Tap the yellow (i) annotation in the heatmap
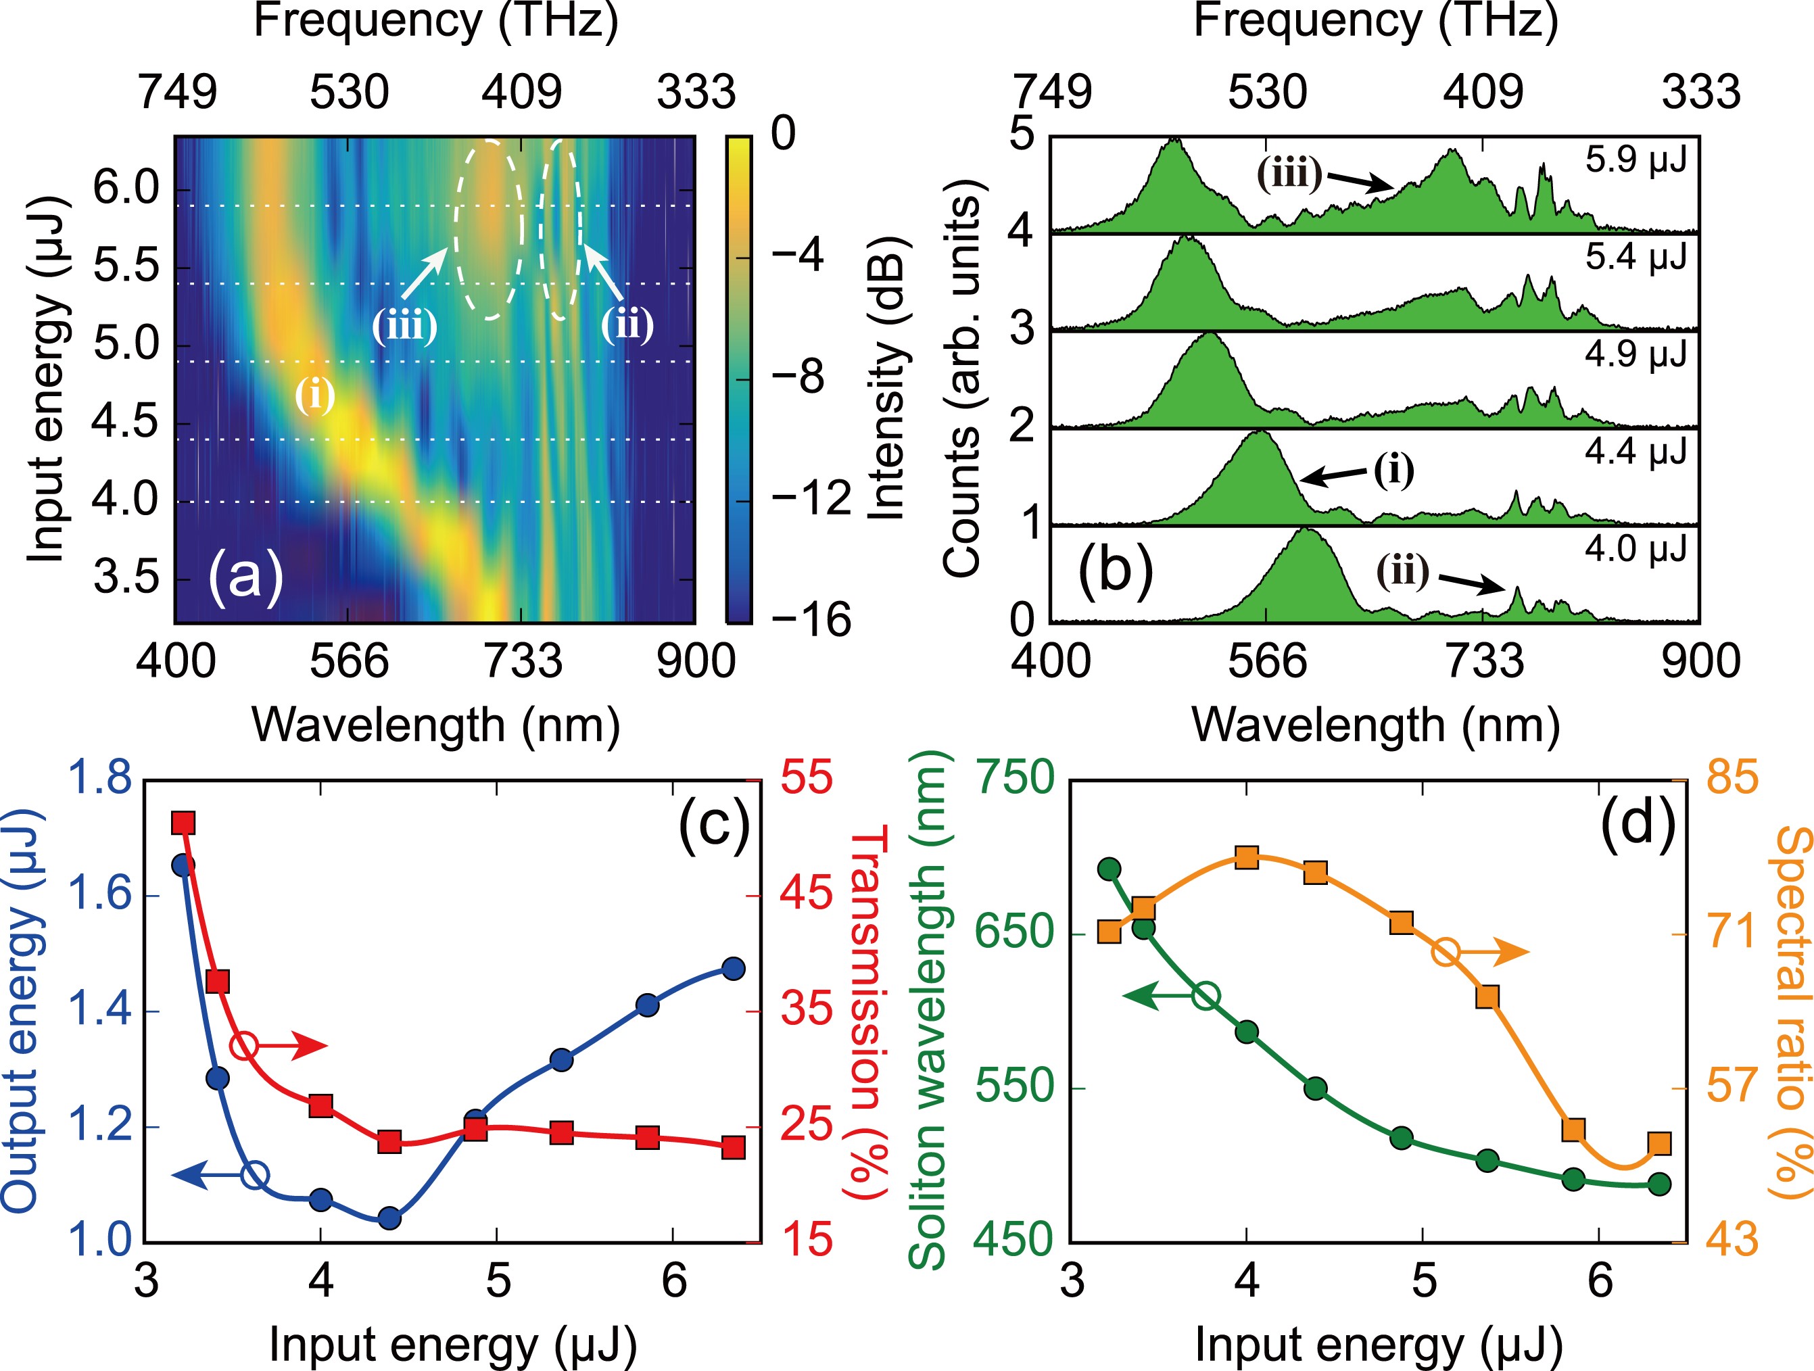click(x=315, y=396)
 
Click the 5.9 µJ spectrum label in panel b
click(x=1636, y=161)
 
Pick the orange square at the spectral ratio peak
click(x=1247, y=858)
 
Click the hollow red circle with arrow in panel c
click(x=244, y=1045)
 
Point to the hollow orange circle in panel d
click(x=1447, y=952)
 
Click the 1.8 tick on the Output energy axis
click(x=97, y=777)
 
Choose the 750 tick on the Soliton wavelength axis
click(x=1013, y=777)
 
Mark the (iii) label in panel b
click(x=1289, y=174)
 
